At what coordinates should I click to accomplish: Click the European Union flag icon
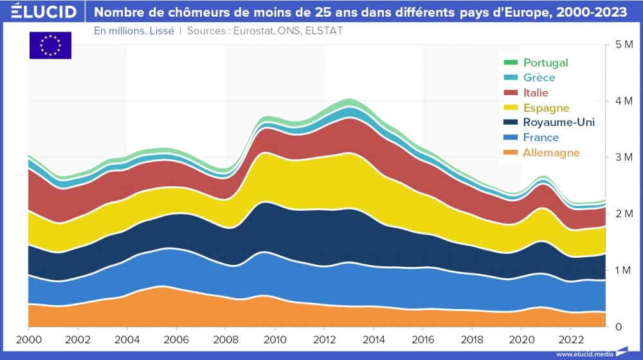click(50, 45)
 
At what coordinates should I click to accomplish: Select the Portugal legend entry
click(545, 62)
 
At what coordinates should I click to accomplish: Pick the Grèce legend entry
click(539, 78)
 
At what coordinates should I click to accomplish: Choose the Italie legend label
click(536, 93)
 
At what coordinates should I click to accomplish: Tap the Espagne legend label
click(546, 107)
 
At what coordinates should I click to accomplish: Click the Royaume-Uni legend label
click(559, 122)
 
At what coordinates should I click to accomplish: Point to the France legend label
click(541, 137)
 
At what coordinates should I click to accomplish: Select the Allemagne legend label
click(551, 152)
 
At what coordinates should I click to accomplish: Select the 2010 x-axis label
click(275, 339)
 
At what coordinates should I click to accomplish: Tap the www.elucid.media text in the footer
click(584, 354)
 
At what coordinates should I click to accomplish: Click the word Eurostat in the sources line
click(255, 30)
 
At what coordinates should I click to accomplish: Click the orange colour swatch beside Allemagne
click(511, 152)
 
